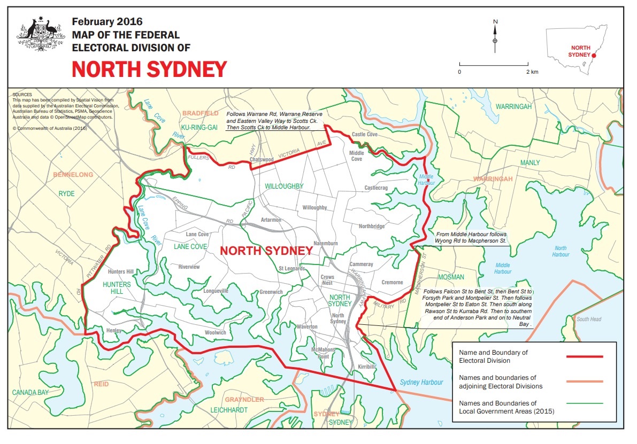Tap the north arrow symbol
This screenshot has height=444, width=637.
click(495, 35)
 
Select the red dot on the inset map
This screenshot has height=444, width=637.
click(594, 54)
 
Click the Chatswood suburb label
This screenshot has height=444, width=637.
click(262, 159)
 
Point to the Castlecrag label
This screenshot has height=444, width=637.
click(375, 188)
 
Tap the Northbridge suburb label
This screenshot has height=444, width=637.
click(371, 227)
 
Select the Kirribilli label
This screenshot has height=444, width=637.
click(367, 367)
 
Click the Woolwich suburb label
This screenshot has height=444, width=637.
click(215, 332)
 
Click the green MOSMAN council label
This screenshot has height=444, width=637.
click(451, 277)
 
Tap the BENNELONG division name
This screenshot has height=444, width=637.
click(72, 175)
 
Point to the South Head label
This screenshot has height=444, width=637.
click(589, 320)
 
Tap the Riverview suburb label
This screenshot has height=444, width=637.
click(189, 267)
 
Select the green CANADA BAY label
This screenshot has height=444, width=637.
click(32, 393)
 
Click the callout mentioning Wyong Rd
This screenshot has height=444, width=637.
click(471, 238)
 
